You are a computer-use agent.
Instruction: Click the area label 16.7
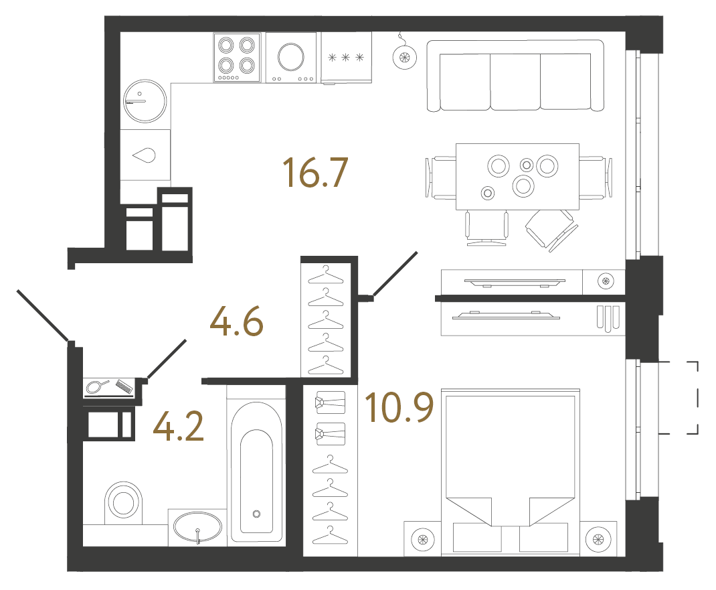315,173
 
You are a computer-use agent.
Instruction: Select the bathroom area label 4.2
178,426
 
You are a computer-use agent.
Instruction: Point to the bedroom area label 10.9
399,408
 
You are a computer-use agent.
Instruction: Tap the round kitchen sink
145,101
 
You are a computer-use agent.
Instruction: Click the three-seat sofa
515,75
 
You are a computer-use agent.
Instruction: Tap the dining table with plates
517,176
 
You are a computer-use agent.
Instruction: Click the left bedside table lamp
422,538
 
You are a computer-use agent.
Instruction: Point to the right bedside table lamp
595,538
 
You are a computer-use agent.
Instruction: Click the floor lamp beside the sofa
403,58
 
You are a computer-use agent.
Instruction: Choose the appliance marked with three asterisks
347,58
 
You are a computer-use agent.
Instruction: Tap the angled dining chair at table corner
551,229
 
